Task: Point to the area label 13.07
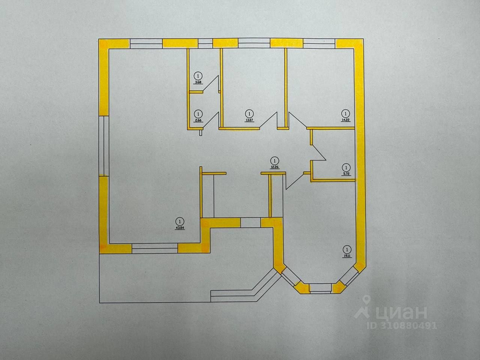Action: tap(249, 120)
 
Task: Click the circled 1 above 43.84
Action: tap(180, 221)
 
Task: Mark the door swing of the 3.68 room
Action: tap(212, 84)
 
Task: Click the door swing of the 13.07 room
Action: tap(269, 121)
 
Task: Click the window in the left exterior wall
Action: tap(103, 146)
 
